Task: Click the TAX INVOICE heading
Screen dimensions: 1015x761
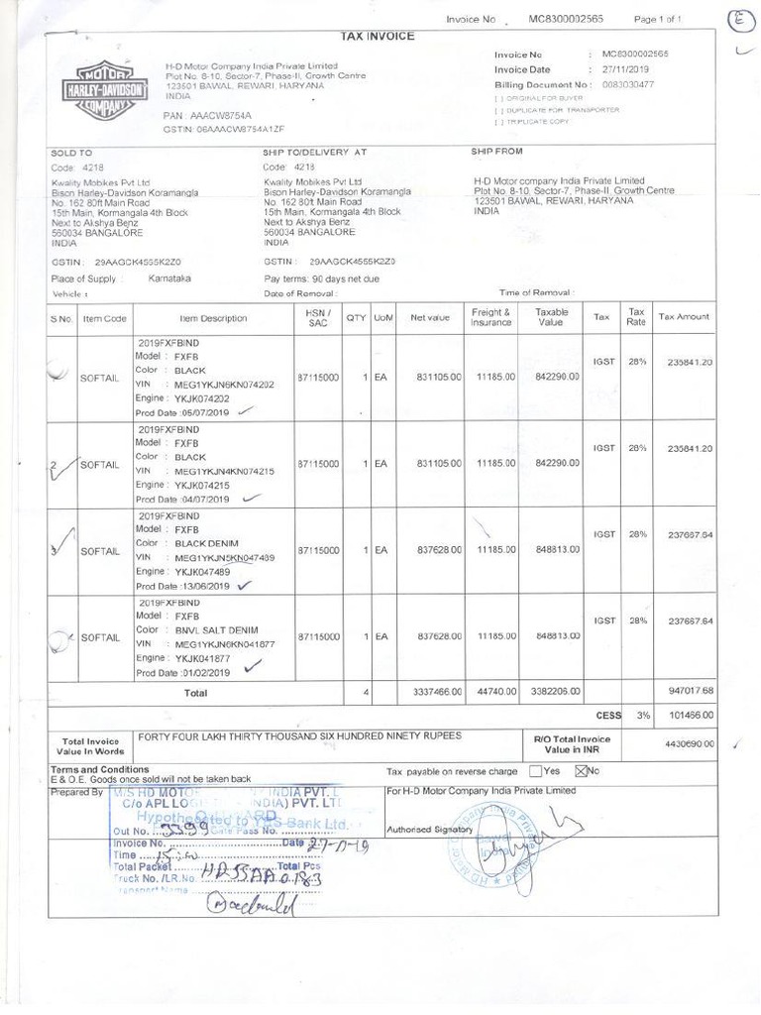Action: click(378, 37)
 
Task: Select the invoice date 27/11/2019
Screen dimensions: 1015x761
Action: click(625, 70)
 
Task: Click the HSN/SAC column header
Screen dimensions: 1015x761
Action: click(317, 317)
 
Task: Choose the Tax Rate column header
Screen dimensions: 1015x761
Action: click(636, 317)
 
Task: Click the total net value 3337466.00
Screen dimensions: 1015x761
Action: click(430, 692)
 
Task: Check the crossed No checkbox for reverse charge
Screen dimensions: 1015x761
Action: click(582, 771)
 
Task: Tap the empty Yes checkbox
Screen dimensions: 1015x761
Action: click(535, 771)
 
